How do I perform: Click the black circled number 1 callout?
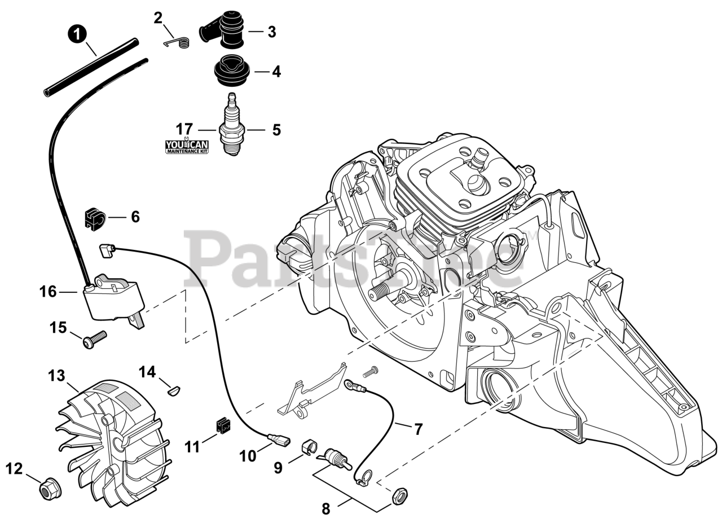point(76,34)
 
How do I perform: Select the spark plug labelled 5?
point(232,125)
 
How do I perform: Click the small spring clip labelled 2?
point(175,43)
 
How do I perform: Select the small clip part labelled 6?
point(95,218)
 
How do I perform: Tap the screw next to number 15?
point(95,340)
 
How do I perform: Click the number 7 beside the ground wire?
point(418,429)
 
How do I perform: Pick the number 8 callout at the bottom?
point(325,508)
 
